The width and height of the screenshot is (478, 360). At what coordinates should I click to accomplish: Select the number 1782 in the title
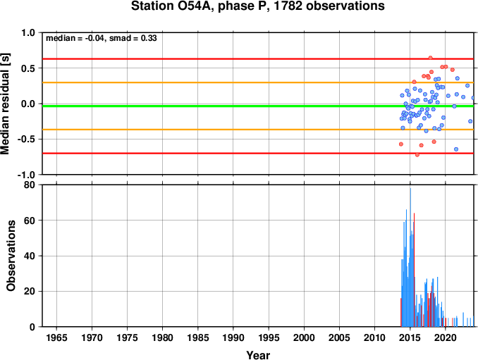tap(288, 6)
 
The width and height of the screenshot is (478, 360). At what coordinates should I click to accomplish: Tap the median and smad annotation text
tap(102, 38)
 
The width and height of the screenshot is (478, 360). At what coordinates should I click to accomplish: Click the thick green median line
tap(258, 106)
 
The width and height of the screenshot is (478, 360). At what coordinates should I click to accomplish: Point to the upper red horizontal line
tap(258, 58)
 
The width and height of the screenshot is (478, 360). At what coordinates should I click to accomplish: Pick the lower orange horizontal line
tap(258, 130)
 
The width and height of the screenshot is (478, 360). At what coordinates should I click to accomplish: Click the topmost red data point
tap(431, 58)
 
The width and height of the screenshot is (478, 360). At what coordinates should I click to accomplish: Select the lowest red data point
tap(417, 155)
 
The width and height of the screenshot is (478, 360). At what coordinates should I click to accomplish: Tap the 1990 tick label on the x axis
tap(233, 337)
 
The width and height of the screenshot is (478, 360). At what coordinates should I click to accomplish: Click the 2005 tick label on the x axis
tap(339, 337)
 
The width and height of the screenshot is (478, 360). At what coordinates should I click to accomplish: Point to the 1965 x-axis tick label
tap(56, 337)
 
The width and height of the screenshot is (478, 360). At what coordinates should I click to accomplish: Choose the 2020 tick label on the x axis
tap(446, 337)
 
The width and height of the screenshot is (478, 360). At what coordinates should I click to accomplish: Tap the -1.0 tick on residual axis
tap(27, 175)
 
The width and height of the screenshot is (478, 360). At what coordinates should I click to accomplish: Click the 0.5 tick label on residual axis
tap(28, 68)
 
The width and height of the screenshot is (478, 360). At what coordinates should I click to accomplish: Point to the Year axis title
tap(258, 355)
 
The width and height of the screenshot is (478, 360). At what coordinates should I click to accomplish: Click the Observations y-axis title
tap(11, 256)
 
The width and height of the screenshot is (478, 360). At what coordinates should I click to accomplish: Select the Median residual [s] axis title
tap(5, 104)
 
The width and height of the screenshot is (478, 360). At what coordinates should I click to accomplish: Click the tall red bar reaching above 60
tap(414, 270)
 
